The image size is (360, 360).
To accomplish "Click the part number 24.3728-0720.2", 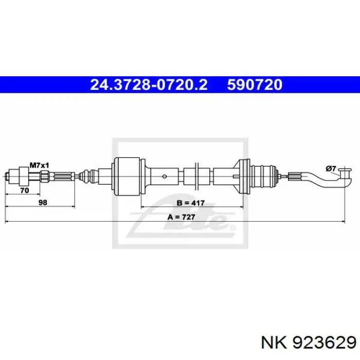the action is tap(149, 84).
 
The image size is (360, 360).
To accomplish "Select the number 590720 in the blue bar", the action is tap(255, 84).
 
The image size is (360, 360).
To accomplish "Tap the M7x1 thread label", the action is tap(40, 165).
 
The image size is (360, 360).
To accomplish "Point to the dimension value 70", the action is tap(25, 190).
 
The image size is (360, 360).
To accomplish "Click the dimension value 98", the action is tap(43, 203).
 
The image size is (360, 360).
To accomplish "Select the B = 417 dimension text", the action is tap(191, 203).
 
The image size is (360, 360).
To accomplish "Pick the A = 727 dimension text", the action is tap(182, 217).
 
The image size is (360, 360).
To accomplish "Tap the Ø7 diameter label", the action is tap(331, 169).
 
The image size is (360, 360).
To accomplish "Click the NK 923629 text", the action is tap(309, 343).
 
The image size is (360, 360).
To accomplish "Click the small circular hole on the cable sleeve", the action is tap(165, 176).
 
